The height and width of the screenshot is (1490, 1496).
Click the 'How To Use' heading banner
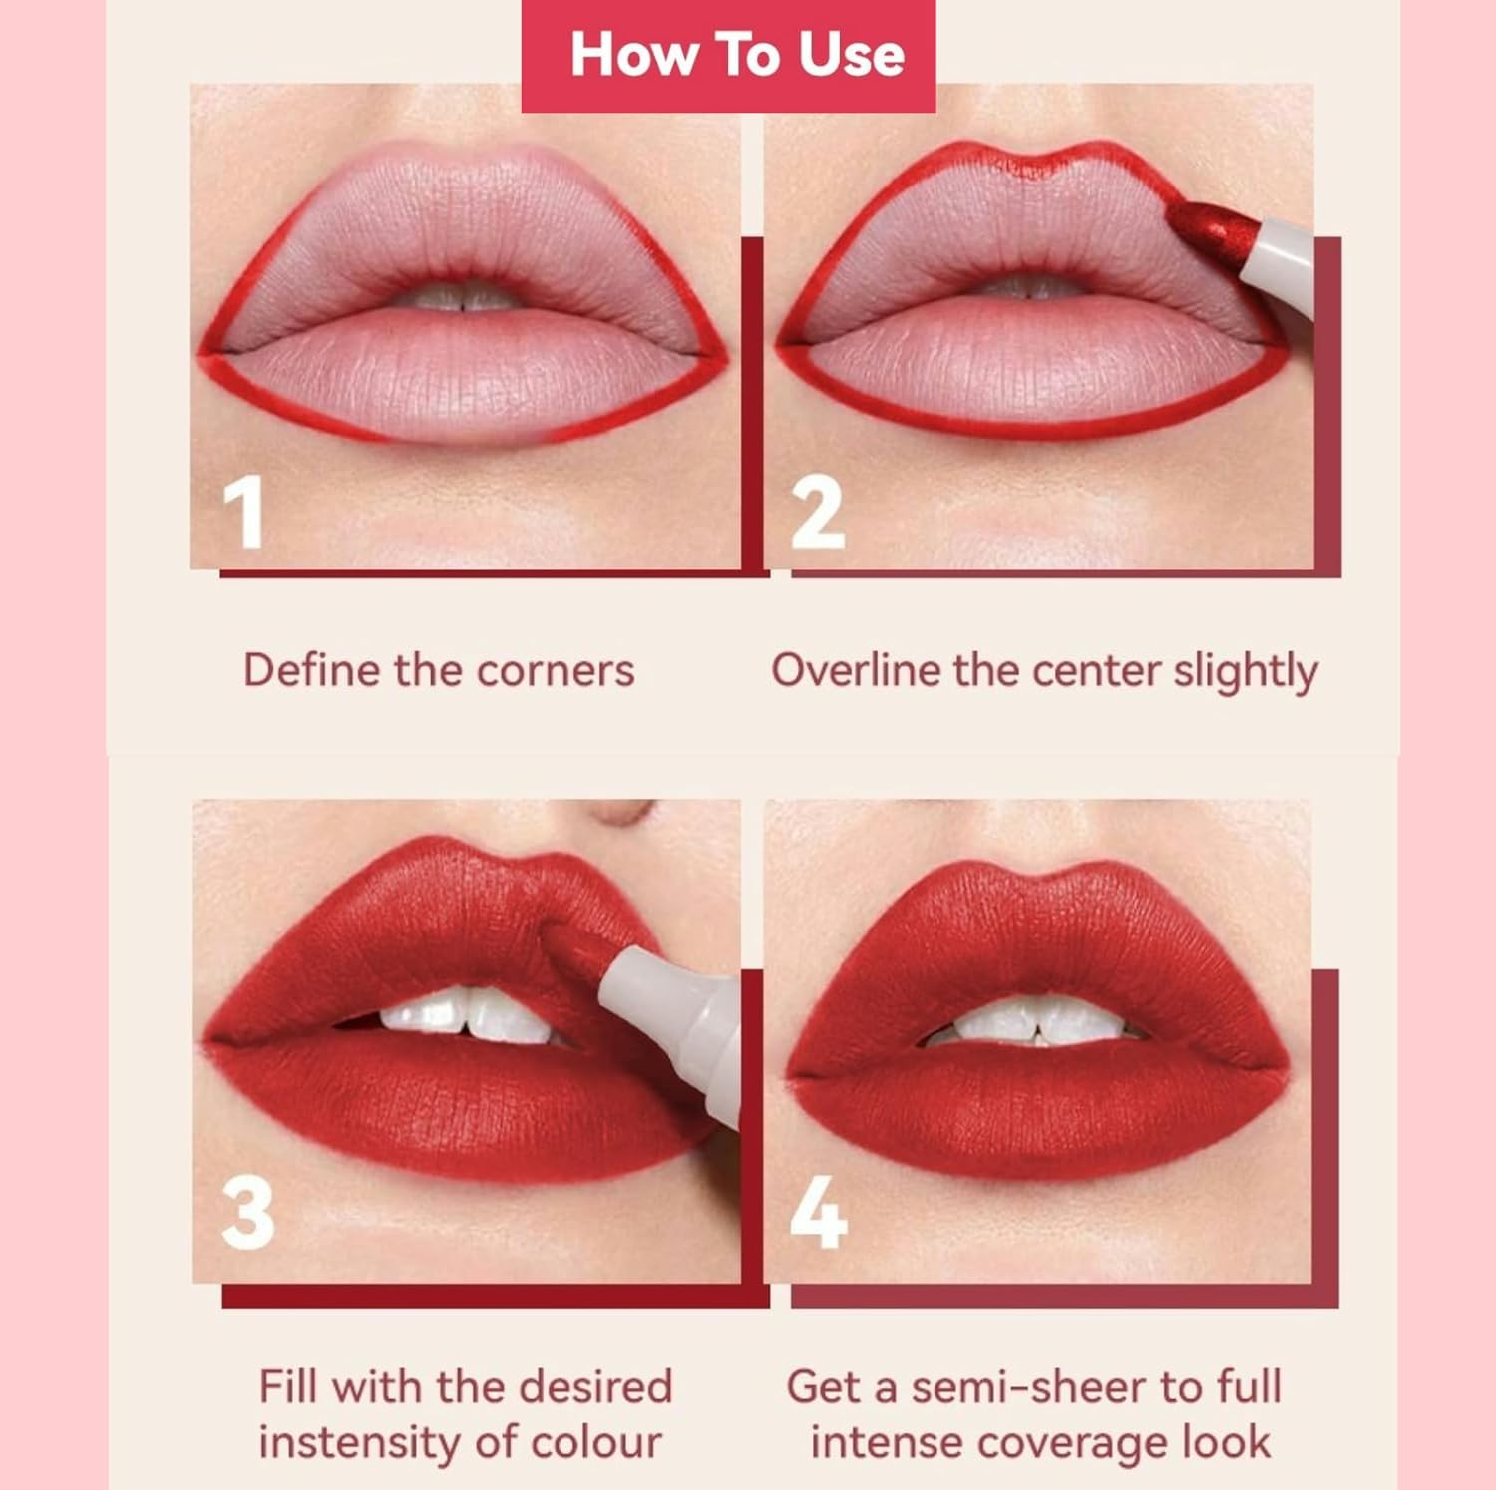click(728, 55)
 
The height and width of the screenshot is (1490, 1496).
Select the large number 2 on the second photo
click(817, 514)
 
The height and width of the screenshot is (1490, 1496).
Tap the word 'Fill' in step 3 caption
click(288, 1387)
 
